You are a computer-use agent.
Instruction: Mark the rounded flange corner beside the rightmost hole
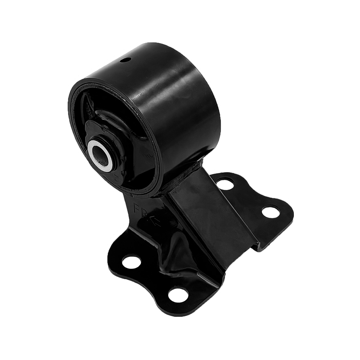[288, 216]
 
